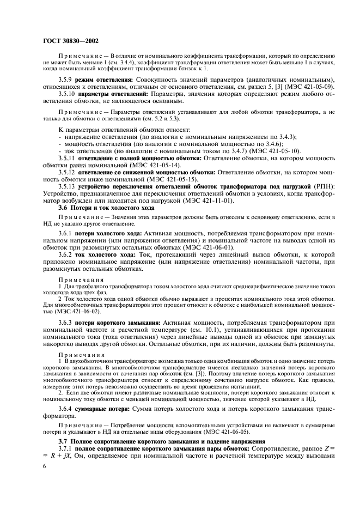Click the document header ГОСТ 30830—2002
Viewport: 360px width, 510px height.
(70, 40)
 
